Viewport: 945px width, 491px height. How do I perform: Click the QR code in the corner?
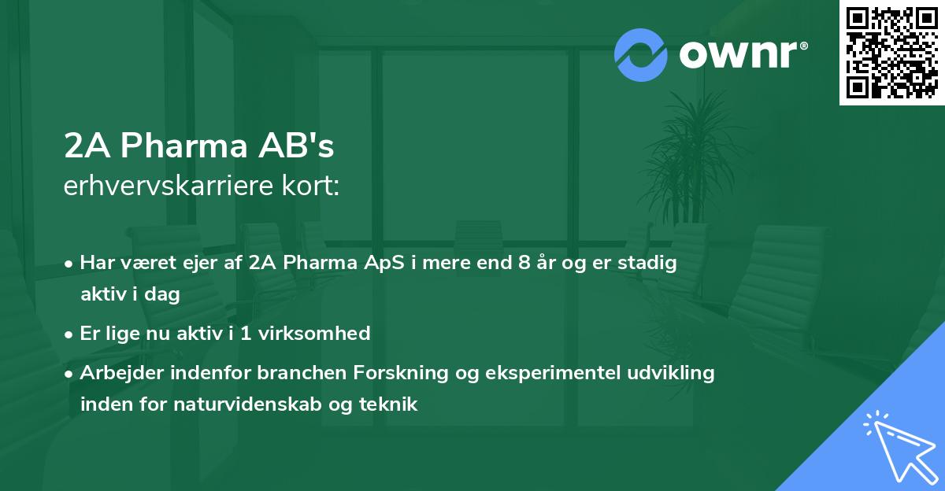[891, 52]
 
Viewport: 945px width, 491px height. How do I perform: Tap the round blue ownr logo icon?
[641, 55]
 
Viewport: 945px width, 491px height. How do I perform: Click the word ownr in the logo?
[742, 55]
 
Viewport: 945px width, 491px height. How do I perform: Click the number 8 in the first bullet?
[524, 263]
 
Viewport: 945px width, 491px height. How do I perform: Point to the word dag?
[164, 294]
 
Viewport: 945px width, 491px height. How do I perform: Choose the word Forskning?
[402, 373]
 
